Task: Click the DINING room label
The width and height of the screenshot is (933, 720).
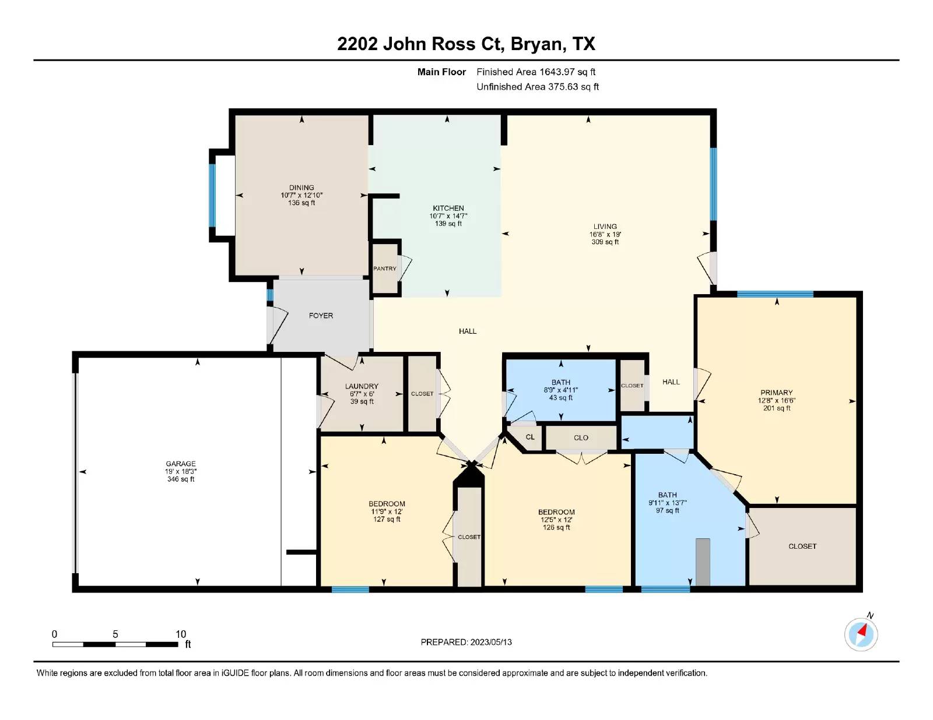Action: tap(301, 188)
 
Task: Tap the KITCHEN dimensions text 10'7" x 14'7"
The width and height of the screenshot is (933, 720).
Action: tap(448, 216)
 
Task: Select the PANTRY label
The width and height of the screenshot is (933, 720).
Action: tap(384, 269)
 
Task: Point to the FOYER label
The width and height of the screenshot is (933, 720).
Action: tap(321, 316)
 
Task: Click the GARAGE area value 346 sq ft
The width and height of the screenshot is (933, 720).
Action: tap(181, 479)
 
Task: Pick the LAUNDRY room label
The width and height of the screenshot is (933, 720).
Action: tap(362, 386)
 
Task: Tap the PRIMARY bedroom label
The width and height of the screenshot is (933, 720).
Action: tap(776, 393)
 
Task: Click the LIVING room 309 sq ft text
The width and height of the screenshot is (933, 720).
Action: tap(605, 242)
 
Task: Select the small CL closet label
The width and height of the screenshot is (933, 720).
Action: tap(530, 437)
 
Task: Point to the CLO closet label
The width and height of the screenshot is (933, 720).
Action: tap(581, 438)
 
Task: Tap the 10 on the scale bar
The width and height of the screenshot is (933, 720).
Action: tap(181, 634)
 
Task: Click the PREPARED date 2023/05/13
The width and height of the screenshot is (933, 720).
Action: tap(491, 642)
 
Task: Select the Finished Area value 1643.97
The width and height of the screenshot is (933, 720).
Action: tap(557, 72)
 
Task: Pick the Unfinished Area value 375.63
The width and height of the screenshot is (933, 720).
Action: tap(563, 87)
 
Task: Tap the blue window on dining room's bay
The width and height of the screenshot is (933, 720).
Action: tap(212, 195)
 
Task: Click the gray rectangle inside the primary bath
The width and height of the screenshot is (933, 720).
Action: tap(703, 562)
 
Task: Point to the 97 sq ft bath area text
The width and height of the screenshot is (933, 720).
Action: tap(667, 510)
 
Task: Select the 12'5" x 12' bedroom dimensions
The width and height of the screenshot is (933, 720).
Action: tap(556, 520)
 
